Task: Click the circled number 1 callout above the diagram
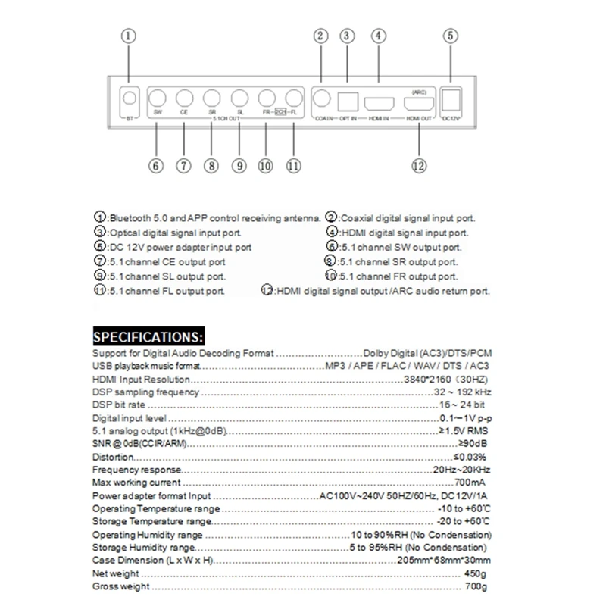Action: click(130, 36)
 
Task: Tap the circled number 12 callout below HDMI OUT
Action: click(419, 167)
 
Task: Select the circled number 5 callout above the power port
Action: click(451, 36)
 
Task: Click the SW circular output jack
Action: click(158, 98)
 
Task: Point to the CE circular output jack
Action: click(184, 98)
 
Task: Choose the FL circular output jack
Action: click(294, 98)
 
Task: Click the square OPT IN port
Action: click(349, 100)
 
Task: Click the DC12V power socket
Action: click(451, 99)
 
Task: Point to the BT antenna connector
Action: click(130, 98)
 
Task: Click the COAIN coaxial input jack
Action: click(323, 98)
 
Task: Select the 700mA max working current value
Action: click(470, 482)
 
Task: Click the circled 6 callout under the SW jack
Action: click(156, 167)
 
